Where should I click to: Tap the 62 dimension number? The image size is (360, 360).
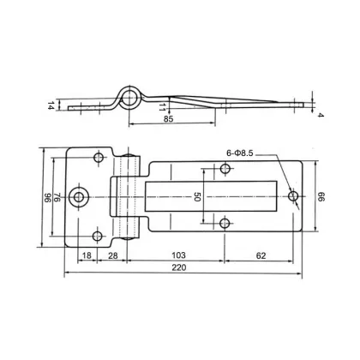coord(261,254)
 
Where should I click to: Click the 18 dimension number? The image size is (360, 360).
coord(87,254)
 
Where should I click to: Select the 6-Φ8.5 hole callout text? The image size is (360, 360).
coord(247,153)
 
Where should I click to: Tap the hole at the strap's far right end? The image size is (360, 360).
coord(293,196)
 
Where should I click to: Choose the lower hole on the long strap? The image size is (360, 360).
coord(225,224)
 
